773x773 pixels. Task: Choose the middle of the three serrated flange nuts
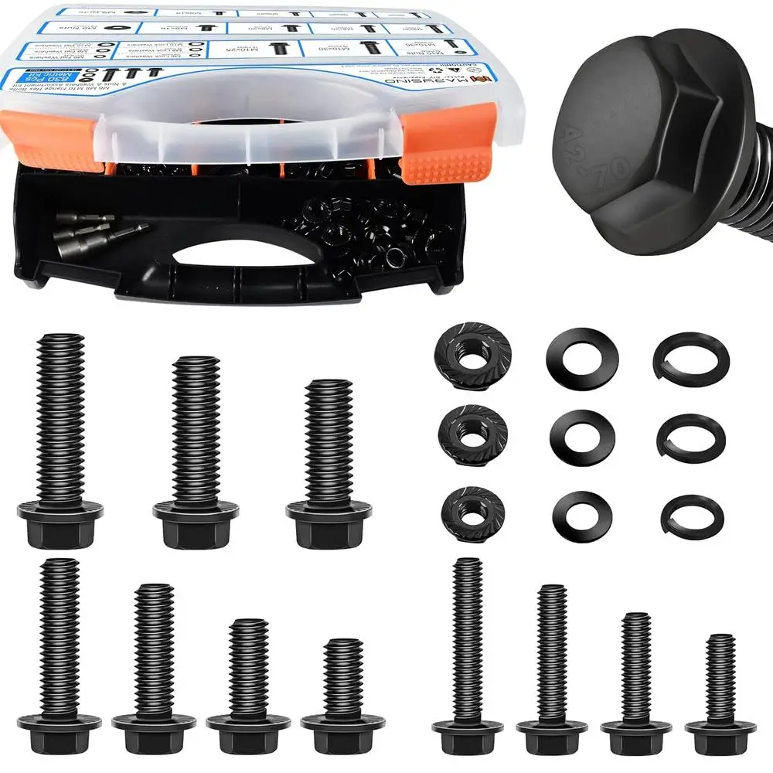tap(472, 433)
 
